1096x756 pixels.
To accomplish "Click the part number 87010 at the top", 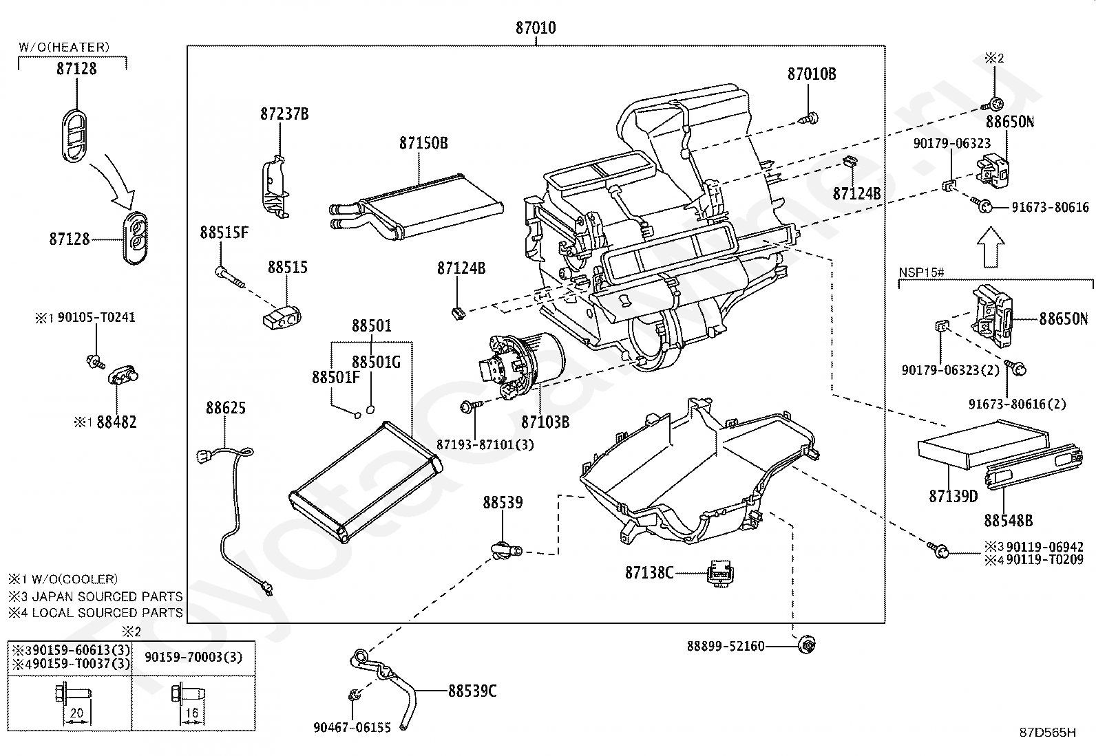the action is (536, 28).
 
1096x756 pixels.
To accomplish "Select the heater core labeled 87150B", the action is (417, 206).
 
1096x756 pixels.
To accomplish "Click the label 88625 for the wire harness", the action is (226, 407).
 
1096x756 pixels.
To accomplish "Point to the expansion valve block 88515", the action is (282, 317).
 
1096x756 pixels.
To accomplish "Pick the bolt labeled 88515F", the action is (229, 277).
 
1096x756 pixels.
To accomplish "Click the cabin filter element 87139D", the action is (983, 444).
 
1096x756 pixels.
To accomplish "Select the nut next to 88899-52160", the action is (806, 645).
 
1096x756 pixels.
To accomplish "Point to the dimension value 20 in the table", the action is (77, 713).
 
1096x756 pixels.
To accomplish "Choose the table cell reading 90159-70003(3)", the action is (193, 657).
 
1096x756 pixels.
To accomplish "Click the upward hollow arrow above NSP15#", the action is (991, 247).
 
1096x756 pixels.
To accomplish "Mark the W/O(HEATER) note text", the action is (64, 47).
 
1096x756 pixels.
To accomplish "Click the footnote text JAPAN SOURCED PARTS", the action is (107, 596).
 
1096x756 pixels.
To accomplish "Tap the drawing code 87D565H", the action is (1048, 732).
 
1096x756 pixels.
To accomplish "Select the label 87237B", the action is (284, 114).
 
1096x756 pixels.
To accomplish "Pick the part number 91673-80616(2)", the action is (1018, 404).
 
